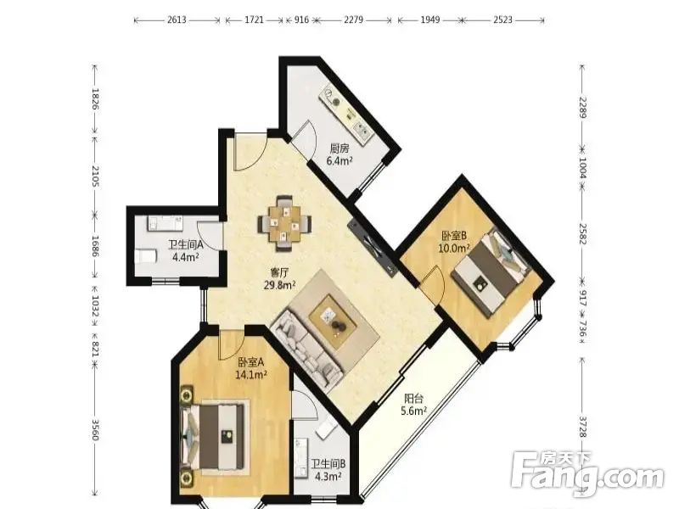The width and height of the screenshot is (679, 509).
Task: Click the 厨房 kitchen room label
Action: pos(339,149)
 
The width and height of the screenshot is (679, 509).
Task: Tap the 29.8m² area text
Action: pos(280,285)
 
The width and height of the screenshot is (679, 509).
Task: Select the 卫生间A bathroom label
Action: pos(186,245)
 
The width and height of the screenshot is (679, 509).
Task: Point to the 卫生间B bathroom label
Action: pos(328,464)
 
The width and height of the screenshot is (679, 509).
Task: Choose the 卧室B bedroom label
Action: pos(454,236)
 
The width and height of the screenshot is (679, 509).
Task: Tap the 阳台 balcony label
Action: pos(413,399)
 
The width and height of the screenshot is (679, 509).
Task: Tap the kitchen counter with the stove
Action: pos(346,115)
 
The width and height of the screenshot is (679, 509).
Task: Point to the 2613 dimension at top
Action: pos(177,20)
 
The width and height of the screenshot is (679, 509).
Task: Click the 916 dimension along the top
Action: pos(301,20)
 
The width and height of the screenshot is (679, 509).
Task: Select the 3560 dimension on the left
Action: pos(95,430)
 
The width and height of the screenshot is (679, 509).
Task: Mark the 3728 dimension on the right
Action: pos(582,427)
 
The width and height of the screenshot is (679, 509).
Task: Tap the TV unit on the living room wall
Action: pos(373,247)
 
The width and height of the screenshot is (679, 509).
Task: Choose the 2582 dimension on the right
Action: pos(582,234)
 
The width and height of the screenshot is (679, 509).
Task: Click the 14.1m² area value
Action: pos(250,374)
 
